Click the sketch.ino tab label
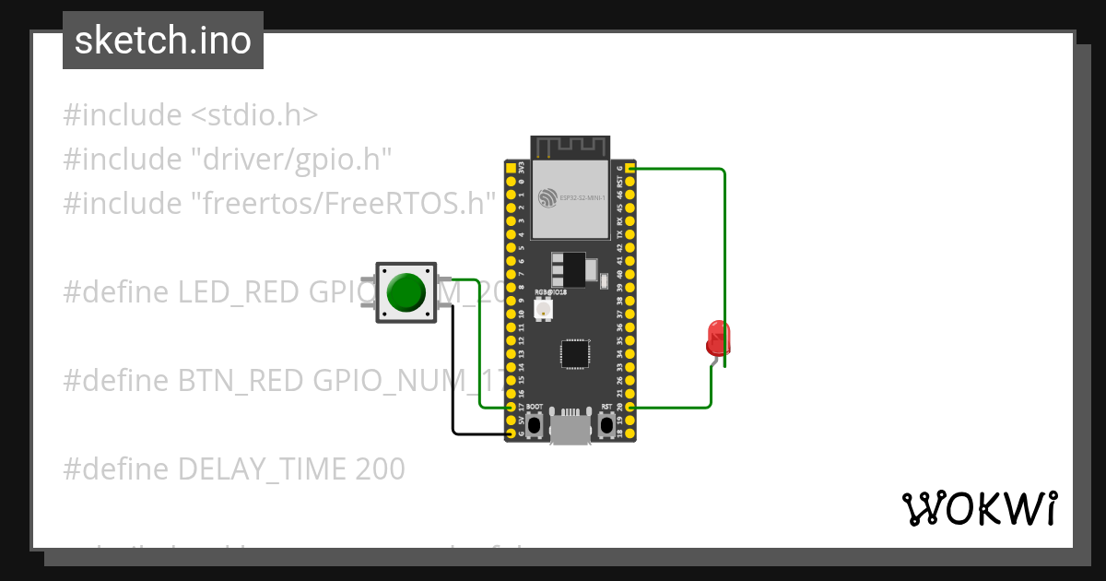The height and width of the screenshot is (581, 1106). pos(163,41)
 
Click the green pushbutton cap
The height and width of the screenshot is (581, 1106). pos(406,291)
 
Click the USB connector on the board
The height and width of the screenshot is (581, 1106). pos(570,430)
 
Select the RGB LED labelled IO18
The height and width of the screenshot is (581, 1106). pos(543,309)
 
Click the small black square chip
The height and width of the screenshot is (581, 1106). pos(575,353)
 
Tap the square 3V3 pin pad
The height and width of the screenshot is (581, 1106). pos(512,170)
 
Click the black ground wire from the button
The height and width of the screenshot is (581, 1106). pos(453,369)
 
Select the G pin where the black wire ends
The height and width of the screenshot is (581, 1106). pos(512,433)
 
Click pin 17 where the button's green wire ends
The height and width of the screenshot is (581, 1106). pos(512,407)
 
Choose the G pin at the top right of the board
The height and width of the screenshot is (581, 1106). pos(630,170)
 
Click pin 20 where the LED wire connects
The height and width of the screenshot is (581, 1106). pos(630,407)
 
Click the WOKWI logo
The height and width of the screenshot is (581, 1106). pos(979,508)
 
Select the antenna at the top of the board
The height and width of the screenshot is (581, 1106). pos(570,147)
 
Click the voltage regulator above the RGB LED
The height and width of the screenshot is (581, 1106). pos(569,269)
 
